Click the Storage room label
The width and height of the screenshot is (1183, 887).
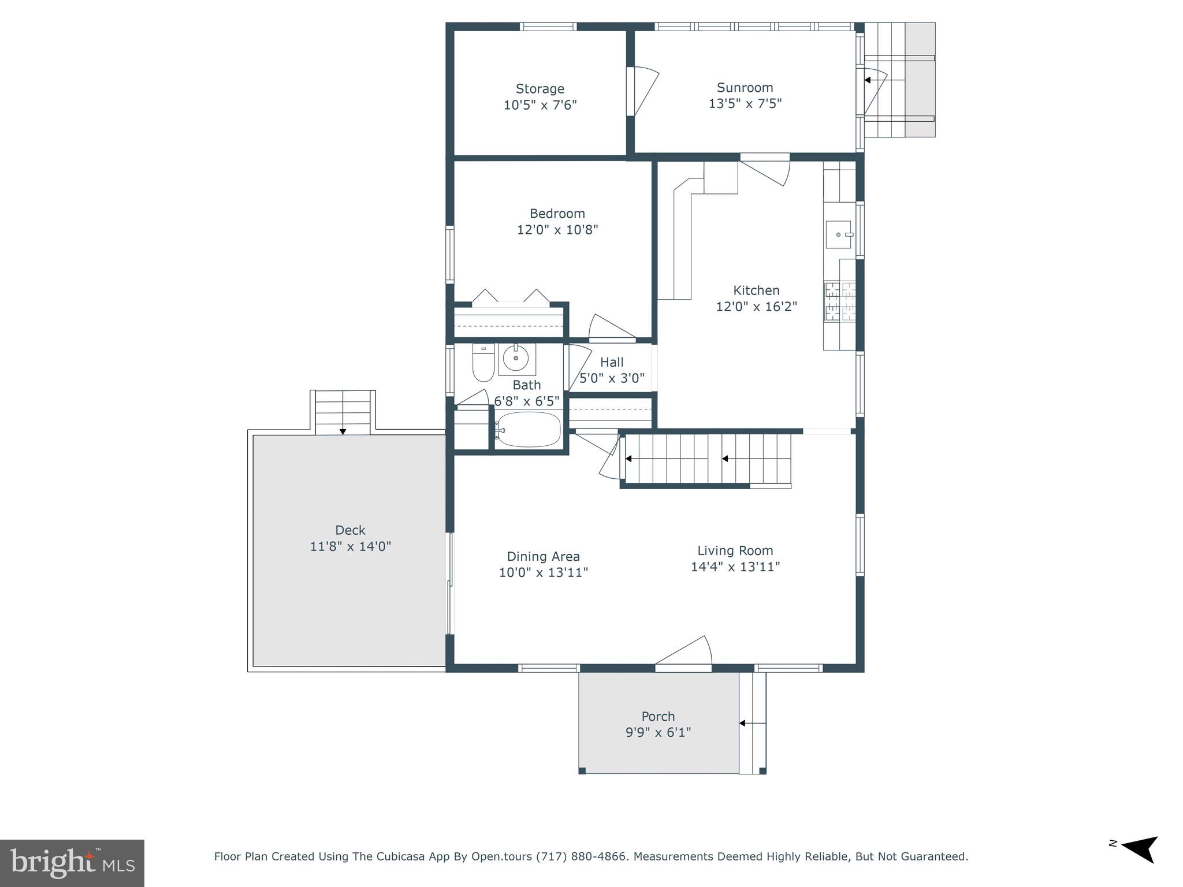(x=540, y=89)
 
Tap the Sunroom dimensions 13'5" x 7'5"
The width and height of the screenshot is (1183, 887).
(x=745, y=104)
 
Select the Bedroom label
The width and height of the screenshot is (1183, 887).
(x=557, y=214)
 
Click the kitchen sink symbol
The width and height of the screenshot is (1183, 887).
(x=839, y=234)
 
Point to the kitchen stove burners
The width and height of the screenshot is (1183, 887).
(x=839, y=301)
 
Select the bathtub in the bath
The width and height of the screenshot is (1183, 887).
(x=529, y=430)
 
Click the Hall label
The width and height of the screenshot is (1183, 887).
(x=611, y=363)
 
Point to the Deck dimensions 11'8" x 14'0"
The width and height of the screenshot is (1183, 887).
(x=350, y=546)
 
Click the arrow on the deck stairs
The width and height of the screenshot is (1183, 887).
(x=343, y=431)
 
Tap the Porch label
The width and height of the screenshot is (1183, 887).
(x=658, y=717)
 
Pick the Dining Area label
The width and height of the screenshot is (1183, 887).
(x=543, y=557)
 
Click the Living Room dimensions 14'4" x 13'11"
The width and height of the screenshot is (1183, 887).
(x=735, y=567)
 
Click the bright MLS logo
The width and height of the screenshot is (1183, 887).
(x=72, y=863)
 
